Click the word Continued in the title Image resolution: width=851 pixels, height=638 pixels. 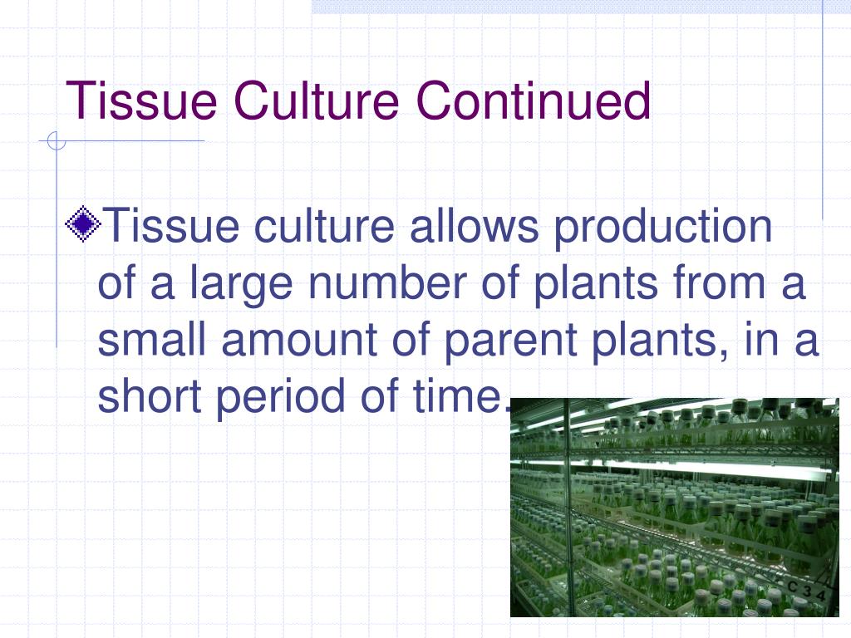(x=533, y=101)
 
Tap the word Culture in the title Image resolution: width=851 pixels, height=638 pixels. (x=317, y=101)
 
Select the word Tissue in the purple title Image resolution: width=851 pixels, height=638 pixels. (x=141, y=101)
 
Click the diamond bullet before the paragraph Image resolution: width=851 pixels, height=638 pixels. (x=82, y=224)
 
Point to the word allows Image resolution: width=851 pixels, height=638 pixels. (x=474, y=226)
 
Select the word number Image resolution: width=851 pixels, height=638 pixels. (x=387, y=282)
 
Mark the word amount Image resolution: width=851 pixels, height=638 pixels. (x=299, y=340)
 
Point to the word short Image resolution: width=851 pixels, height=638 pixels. (x=150, y=395)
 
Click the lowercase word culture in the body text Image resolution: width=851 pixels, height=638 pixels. (x=324, y=226)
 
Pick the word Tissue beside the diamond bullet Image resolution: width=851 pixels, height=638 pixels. (x=170, y=226)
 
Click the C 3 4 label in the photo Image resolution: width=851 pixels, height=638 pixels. (x=806, y=591)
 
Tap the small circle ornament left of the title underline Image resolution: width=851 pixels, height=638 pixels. (x=56, y=140)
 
